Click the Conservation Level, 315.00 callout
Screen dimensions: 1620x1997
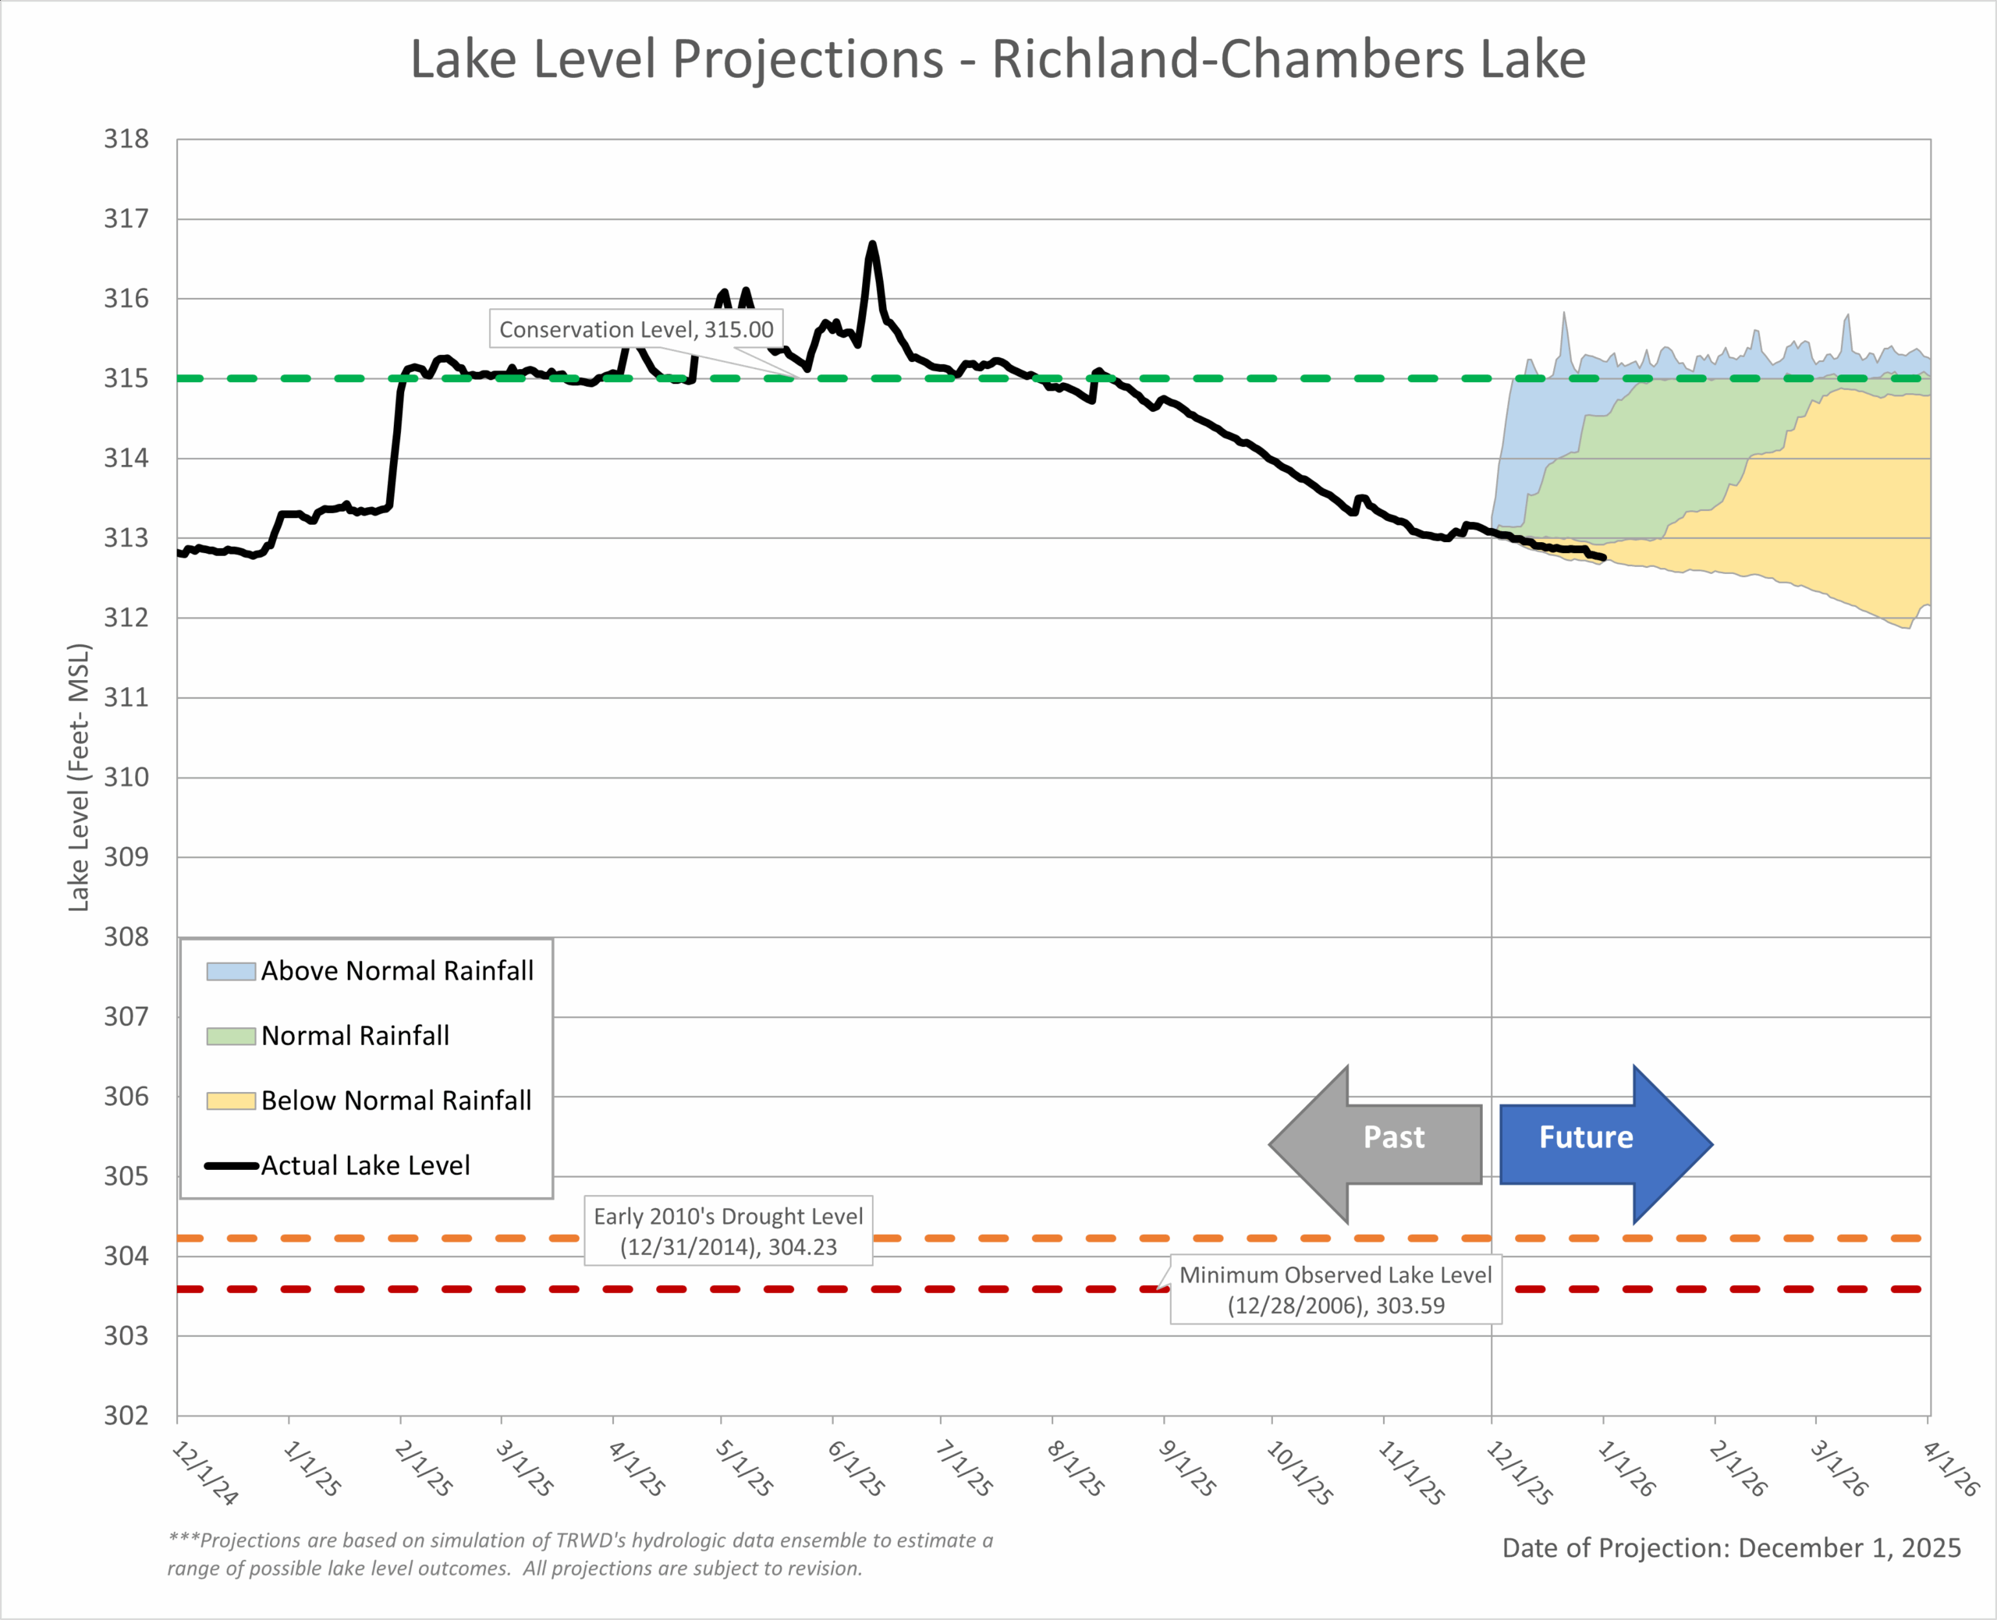click(x=636, y=329)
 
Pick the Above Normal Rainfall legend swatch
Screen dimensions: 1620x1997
click(x=230, y=971)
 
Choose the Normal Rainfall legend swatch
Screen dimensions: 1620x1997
click(x=230, y=1036)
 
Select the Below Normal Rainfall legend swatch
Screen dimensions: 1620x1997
click(x=230, y=1101)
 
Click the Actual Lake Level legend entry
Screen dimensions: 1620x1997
click(x=364, y=1165)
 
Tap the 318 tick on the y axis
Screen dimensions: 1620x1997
click(x=126, y=139)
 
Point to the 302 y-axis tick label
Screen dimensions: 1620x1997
click(x=126, y=1416)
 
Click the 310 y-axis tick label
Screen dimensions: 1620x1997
click(x=126, y=778)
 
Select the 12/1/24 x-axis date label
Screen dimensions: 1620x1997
click(x=204, y=1472)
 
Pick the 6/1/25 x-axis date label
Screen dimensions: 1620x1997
click(x=855, y=1468)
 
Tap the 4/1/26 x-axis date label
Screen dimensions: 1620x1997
click(x=1950, y=1468)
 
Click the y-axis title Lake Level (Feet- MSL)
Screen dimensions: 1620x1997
click(x=80, y=778)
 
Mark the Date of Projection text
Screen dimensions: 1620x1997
click(x=1731, y=1548)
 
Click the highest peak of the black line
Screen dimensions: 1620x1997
click(x=873, y=244)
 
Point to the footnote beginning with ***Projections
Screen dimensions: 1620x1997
click(x=580, y=1554)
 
